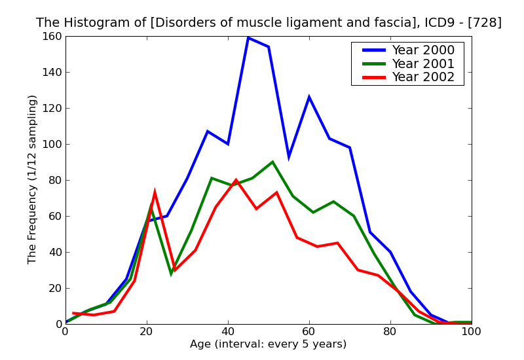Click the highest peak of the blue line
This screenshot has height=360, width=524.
click(x=248, y=37)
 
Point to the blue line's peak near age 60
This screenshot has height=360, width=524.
click(x=309, y=97)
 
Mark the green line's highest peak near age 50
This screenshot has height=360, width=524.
click(x=272, y=162)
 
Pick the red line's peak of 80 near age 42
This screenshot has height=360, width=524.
click(x=236, y=180)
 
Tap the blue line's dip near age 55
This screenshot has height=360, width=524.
click(x=289, y=156)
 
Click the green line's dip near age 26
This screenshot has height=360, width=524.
click(x=171, y=274)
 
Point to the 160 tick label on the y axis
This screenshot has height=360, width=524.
click(x=50, y=36)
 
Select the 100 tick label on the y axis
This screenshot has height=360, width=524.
click(x=50, y=144)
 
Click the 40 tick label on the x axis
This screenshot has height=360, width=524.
click(x=228, y=332)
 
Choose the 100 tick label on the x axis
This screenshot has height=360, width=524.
click(x=472, y=332)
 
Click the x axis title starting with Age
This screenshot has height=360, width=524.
click(x=268, y=344)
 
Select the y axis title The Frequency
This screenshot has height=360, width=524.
click(x=33, y=179)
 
